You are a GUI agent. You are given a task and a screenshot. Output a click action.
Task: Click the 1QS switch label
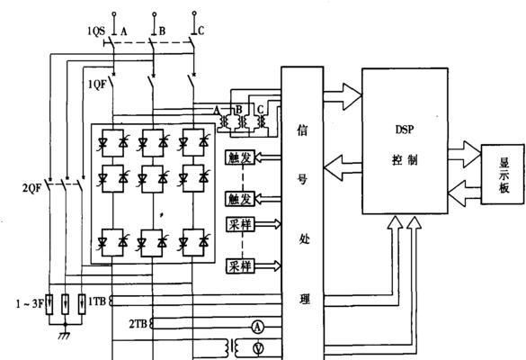pyautogui.click(x=96, y=31)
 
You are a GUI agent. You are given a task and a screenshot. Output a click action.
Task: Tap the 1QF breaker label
pyautogui.click(x=97, y=85)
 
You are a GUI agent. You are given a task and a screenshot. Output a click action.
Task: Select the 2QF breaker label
pyautogui.click(x=31, y=188)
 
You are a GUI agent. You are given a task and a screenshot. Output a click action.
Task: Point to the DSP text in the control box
pyautogui.click(x=405, y=130)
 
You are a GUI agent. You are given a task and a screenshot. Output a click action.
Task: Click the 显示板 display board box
pyautogui.click(x=503, y=175)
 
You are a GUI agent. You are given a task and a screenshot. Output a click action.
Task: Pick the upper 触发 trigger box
pyautogui.click(x=240, y=157)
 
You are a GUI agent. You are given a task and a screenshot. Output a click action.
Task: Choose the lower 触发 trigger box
pyautogui.click(x=240, y=199)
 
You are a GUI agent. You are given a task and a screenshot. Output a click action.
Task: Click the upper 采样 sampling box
pyautogui.click(x=240, y=224)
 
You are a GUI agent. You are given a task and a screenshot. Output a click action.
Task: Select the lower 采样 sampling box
pyautogui.click(x=240, y=266)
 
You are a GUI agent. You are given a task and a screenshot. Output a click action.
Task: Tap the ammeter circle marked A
pyautogui.click(x=258, y=327)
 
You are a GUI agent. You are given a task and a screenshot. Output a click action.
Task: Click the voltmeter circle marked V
pyautogui.click(x=258, y=348)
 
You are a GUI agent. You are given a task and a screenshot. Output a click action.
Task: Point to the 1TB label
pyautogui.click(x=97, y=301)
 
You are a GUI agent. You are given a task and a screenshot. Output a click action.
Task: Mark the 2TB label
pyautogui.click(x=138, y=324)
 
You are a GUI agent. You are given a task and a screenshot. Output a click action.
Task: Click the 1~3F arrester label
pyautogui.click(x=30, y=304)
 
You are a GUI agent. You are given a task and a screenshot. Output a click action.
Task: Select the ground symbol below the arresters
pyautogui.click(x=65, y=334)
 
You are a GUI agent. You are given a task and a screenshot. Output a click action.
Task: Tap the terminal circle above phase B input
pyautogui.click(x=155, y=14)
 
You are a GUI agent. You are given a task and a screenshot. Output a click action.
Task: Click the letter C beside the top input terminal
pyautogui.click(x=201, y=31)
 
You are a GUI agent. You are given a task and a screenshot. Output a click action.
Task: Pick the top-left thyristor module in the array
pyautogui.click(x=112, y=143)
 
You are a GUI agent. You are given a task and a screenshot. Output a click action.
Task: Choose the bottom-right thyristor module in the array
pyautogui.click(x=193, y=242)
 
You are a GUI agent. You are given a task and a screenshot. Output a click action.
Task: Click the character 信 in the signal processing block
pyautogui.click(x=302, y=130)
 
